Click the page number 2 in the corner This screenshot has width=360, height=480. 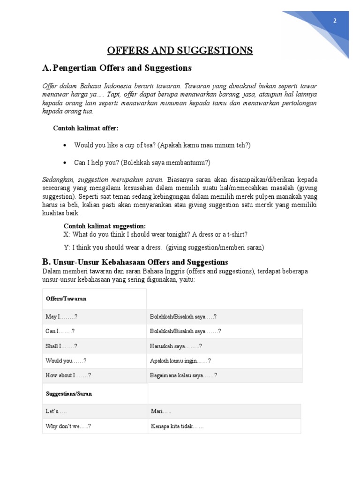coord(335,21)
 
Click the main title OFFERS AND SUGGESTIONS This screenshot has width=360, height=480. coord(180,51)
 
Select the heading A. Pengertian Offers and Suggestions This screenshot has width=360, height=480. coord(117,68)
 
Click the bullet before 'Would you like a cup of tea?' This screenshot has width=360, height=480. coord(65,146)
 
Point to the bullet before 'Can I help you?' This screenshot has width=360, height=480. coord(65,163)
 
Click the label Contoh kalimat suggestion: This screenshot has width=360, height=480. coord(105,226)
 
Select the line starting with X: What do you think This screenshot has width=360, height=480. coord(155,234)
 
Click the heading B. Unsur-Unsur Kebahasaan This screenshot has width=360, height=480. coord(135,262)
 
